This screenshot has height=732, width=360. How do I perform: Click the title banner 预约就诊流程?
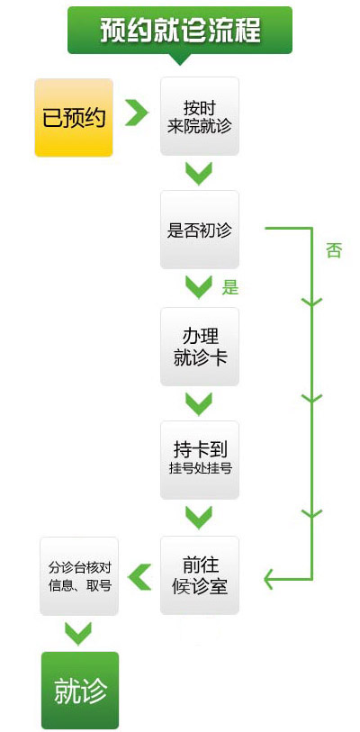[x=180, y=31]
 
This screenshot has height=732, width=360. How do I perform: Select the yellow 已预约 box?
[x=74, y=117]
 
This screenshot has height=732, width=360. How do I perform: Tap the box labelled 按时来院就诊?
[x=200, y=116]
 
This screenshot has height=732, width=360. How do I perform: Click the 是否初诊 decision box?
[x=200, y=230]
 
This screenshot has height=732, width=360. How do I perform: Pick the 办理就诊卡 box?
[x=200, y=347]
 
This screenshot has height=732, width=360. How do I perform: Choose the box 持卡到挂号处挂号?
[x=200, y=460]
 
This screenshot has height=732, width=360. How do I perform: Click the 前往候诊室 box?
[x=200, y=575]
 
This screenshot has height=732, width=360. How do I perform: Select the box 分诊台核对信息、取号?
[x=79, y=576]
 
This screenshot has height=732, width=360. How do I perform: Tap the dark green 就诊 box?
[x=80, y=691]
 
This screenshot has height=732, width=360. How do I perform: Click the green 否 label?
[x=334, y=251]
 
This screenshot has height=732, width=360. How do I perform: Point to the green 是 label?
[x=230, y=287]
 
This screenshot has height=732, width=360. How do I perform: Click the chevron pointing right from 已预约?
[x=136, y=113]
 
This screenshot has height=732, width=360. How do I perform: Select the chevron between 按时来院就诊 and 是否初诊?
[x=199, y=174]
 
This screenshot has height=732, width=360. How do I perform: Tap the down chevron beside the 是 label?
[x=199, y=287]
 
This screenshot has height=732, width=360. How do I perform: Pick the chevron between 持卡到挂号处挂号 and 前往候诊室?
[x=199, y=518]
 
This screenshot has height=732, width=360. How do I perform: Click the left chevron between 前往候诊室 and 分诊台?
[x=139, y=576]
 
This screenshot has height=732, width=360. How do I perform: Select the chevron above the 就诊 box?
[x=78, y=634]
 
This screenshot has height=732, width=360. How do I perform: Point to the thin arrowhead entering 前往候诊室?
[x=269, y=579]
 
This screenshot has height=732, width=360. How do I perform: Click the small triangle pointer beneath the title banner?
[x=180, y=59]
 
